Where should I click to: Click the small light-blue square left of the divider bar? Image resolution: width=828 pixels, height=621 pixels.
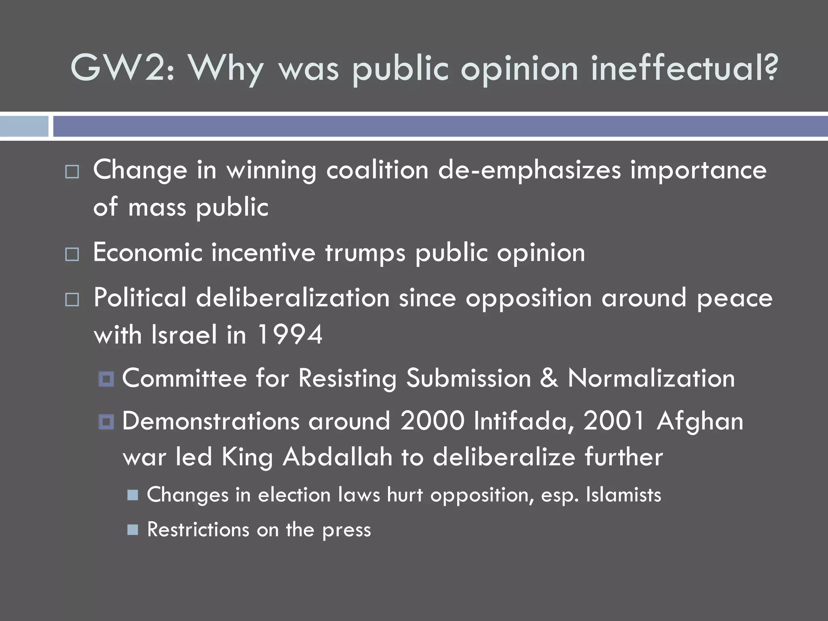pos(24,126)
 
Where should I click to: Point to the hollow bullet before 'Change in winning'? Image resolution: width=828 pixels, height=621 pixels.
pos(72,172)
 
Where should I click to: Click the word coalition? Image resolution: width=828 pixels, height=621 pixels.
pos(377,170)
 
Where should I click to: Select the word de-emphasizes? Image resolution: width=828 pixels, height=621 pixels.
pos(529,171)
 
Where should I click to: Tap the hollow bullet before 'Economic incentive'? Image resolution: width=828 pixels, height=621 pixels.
pos(72,255)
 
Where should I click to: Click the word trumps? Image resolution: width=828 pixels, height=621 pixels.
pos(365,253)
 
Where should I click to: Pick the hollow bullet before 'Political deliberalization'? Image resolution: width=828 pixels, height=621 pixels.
pos(72,300)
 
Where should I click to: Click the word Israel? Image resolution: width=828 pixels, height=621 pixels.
pos(184,335)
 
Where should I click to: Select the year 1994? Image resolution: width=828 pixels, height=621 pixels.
pos(289,335)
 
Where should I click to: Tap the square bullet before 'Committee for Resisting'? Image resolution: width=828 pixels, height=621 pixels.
pos(106,379)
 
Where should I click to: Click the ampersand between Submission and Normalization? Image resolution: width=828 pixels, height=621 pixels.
pos(549,378)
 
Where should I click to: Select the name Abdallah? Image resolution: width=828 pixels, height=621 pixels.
pos(337,457)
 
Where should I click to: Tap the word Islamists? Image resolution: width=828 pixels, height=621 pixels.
pos(623,495)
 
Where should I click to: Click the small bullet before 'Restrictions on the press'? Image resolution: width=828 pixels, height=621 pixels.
pos(133,530)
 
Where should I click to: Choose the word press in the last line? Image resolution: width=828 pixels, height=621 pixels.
pos(346,530)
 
